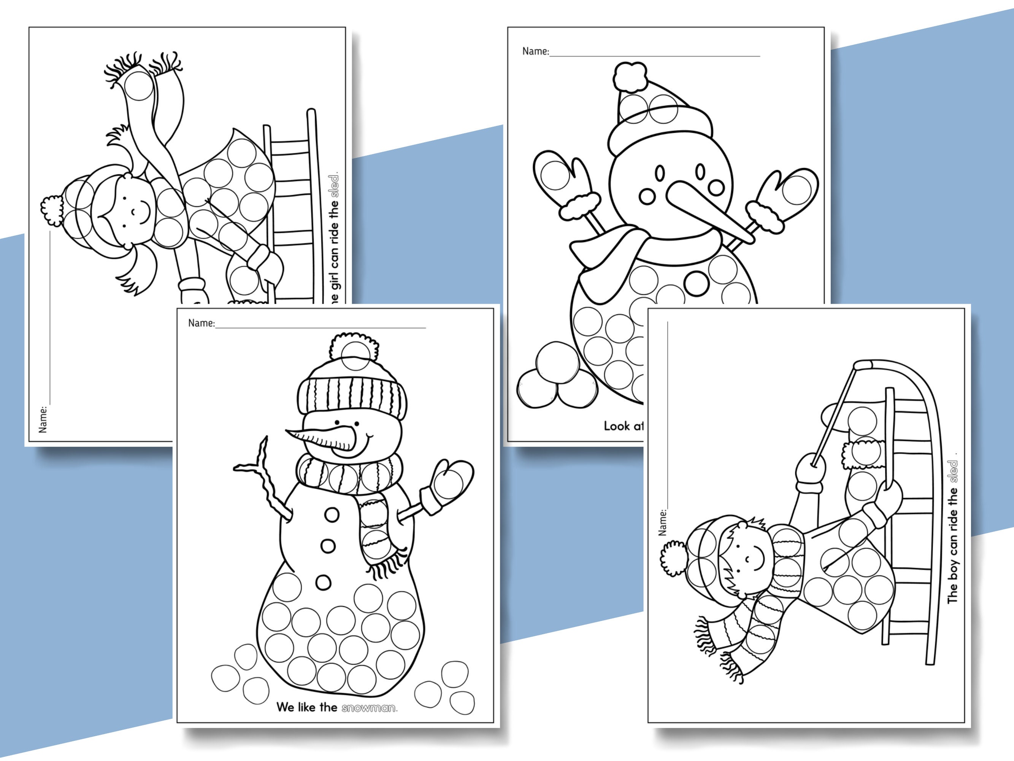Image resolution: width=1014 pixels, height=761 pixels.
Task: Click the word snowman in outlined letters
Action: pyautogui.click(x=369, y=708)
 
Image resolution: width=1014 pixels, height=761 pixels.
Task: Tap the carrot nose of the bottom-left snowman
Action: pyautogui.click(x=321, y=438)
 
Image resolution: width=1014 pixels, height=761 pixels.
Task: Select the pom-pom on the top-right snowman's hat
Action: pyautogui.click(x=630, y=78)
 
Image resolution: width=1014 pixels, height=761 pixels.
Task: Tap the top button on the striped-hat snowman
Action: pyautogui.click(x=332, y=515)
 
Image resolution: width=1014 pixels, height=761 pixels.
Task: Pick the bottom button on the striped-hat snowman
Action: pyautogui.click(x=323, y=583)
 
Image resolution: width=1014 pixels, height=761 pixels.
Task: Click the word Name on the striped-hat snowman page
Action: pyautogui.click(x=201, y=323)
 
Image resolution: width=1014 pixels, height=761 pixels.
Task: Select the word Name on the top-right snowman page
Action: pyautogui.click(x=535, y=51)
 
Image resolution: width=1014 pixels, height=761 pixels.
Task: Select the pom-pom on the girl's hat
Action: pyautogui.click(x=51, y=210)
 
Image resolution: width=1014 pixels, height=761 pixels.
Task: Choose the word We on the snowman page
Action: pyautogui.click(x=285, y=707)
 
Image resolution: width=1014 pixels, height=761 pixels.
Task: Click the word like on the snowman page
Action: pyautogui.click(x=307, y=707)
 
